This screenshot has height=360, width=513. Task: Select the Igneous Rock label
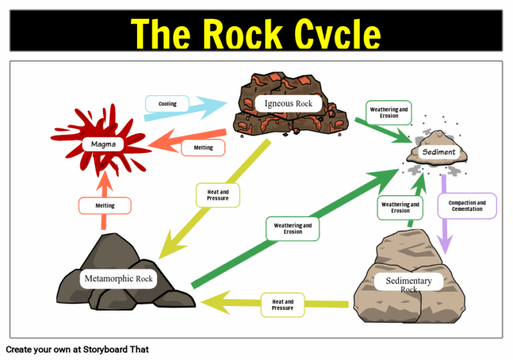tap(288, 104)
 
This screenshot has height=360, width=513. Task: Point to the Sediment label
tap(439, 152)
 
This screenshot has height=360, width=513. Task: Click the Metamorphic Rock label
tap(118, 278)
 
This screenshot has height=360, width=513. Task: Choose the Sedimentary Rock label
tap(409, 283)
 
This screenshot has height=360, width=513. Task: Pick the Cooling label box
tap(167, 104)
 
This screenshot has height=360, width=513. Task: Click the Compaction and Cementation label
tap(467, 206)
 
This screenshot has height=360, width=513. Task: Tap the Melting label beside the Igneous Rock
tap(203, 148)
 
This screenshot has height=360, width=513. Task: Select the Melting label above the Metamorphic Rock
tap(105, 206)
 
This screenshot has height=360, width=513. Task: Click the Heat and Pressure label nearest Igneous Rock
tap(218, 195)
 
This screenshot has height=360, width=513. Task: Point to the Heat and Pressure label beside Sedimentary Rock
tap(283, 305)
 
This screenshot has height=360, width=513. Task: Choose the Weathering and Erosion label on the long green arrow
tap(293, 228)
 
